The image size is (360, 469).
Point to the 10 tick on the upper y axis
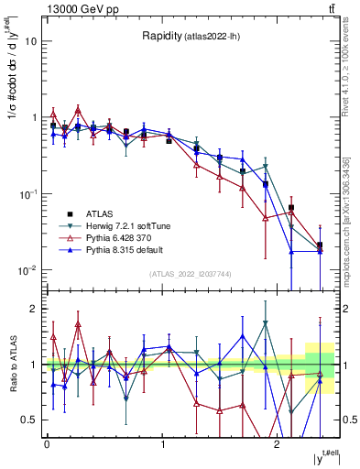click(x=32, y=41)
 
